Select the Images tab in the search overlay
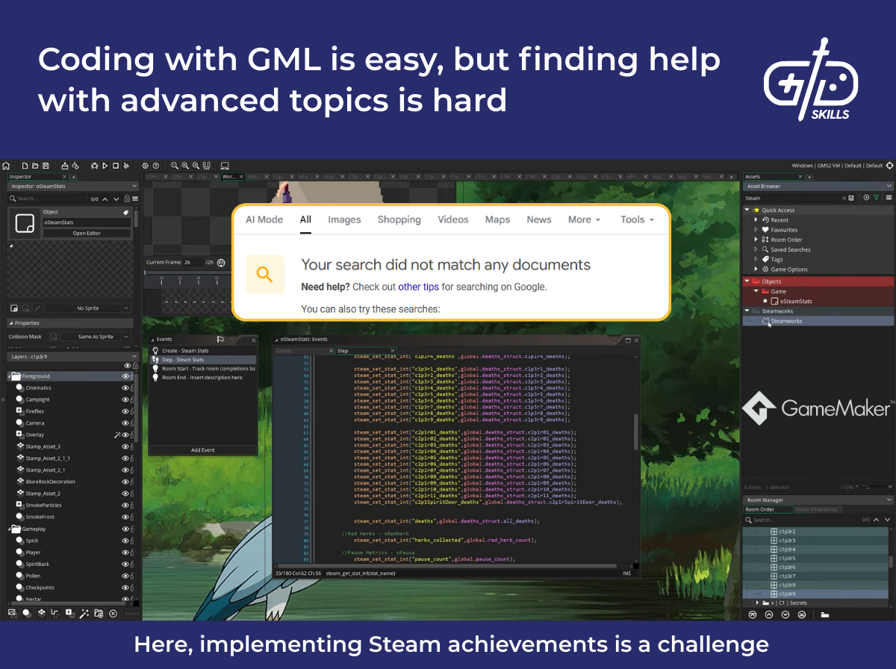344,220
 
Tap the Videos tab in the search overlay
453,220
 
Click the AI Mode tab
264,220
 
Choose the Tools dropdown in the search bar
636,220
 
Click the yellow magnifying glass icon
265,274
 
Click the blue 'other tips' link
420,287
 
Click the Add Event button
202,450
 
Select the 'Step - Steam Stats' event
183,360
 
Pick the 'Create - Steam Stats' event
185,351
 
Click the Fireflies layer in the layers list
35,411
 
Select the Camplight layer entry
38,399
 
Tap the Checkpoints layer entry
40,588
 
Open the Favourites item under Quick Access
784,230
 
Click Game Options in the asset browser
789,270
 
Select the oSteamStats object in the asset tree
796,301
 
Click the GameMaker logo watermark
817,408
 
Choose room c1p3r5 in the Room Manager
787,558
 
